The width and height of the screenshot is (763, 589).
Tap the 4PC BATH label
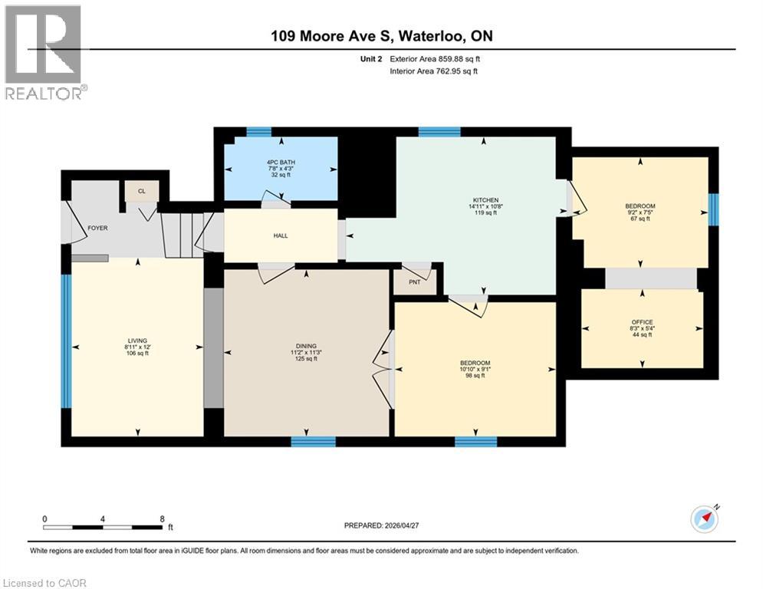click(281, 163)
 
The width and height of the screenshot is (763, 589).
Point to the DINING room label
click(306, 346)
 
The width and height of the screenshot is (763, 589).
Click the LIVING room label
click(137, 341)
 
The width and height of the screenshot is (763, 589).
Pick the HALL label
click(281, 235)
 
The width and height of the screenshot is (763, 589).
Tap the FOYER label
click(97, 228)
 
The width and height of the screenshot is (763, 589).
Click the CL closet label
click(141, 191)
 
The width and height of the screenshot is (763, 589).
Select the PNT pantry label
click(413, 281)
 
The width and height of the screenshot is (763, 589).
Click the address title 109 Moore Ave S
click(380, 36)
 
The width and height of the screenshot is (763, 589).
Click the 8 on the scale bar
click(162, 518)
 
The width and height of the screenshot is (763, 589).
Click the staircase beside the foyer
click(185, 235)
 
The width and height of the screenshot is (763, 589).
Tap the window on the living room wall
click(66, 342)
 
